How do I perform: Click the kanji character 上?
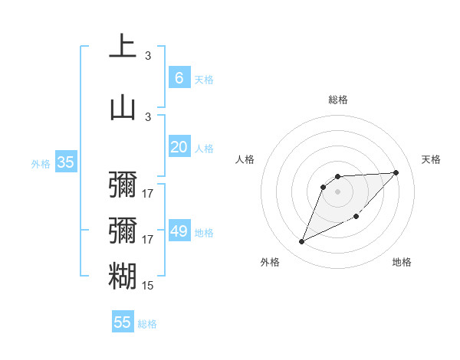123,47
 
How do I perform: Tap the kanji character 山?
123,106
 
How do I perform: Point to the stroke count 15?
148,286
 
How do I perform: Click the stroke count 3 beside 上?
148,56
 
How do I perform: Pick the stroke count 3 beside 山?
148,116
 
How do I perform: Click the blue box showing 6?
179,77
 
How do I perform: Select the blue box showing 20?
179,147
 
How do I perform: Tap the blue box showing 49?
179,231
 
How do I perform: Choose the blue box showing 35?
65,162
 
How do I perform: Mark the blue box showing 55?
123,322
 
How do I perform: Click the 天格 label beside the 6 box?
204,79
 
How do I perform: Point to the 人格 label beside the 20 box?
204,149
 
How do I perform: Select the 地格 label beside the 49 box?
204,233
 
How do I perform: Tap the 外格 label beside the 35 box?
41,163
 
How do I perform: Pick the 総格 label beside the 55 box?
147,324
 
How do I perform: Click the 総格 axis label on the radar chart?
337,100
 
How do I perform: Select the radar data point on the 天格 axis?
396,172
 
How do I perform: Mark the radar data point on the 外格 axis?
301,241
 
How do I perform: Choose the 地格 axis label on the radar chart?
402,262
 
